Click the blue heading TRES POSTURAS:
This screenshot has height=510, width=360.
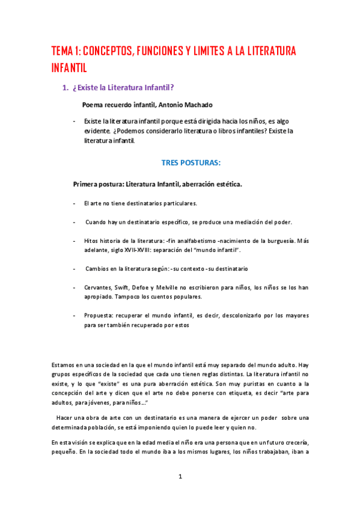[x=191, y=162]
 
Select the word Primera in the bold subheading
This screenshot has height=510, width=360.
[x=86, y=183]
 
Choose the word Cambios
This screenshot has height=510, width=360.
[x=99, y=269]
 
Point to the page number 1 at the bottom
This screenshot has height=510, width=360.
[x=180, y=477]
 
